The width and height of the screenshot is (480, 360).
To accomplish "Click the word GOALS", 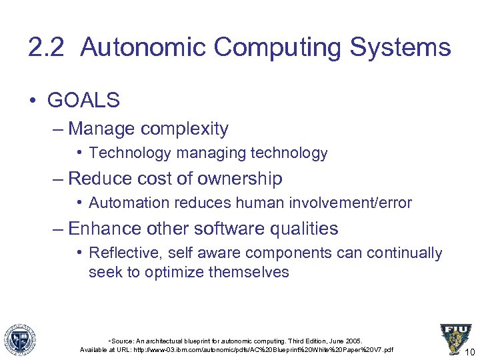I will [83, 101].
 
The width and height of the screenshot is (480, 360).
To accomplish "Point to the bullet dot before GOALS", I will [33, 101].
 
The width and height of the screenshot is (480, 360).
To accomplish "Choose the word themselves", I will [249, 272].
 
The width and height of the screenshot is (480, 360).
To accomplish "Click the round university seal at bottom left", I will [19, 339].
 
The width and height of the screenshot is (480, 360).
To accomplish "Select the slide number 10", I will [469, 352].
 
